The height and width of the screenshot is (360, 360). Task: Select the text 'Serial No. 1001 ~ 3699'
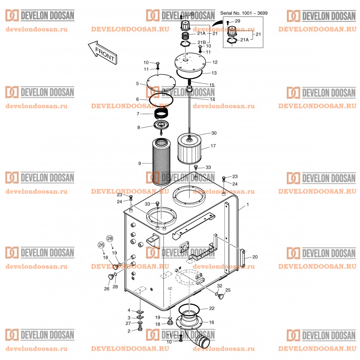pos(244,13)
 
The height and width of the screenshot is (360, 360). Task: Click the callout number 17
pos(213,146)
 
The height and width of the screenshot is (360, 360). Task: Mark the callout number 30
pos(214,133)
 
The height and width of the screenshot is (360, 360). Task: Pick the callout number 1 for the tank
pos(247,204)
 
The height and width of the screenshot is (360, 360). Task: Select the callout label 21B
pos(202,42)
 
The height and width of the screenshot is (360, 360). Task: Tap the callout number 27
pos(128,323)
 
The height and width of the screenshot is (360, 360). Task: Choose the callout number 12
pos(215,62)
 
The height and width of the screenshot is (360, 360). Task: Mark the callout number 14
pos(212,100)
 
